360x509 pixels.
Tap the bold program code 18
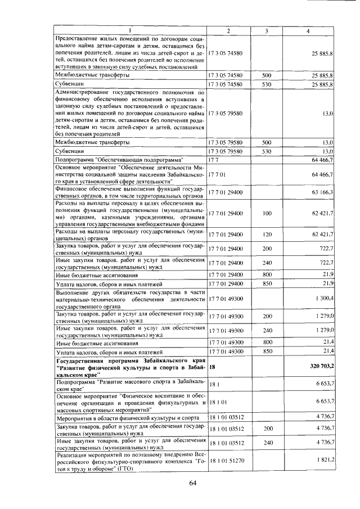point(212,366)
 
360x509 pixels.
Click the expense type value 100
point(267,214)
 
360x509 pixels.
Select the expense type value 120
point(267,233)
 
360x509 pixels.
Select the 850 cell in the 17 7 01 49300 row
point(267,352)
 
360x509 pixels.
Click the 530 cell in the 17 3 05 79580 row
point(267,151)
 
